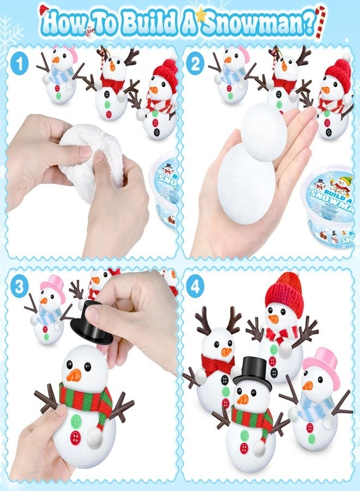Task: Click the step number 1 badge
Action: (20, 64)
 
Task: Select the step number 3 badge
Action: (20, 288)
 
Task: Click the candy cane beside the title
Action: (321, 22)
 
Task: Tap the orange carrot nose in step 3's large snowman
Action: (74, 375)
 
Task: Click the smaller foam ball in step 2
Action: (263, 133)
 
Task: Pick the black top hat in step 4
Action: (253, 373)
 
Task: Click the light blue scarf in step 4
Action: (314, 407)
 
